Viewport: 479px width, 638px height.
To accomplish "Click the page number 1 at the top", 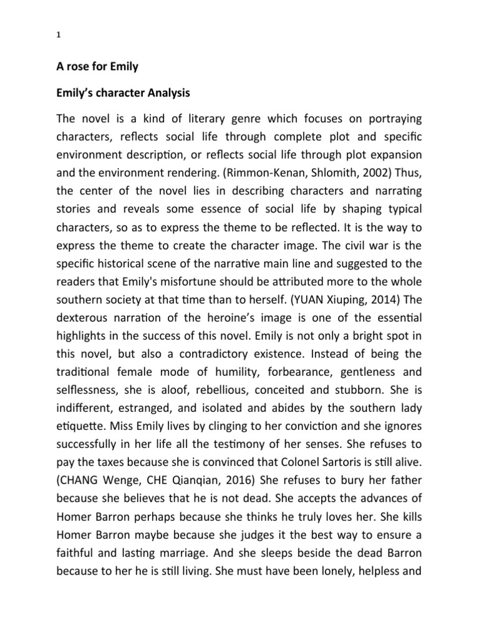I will click(57, 35).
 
